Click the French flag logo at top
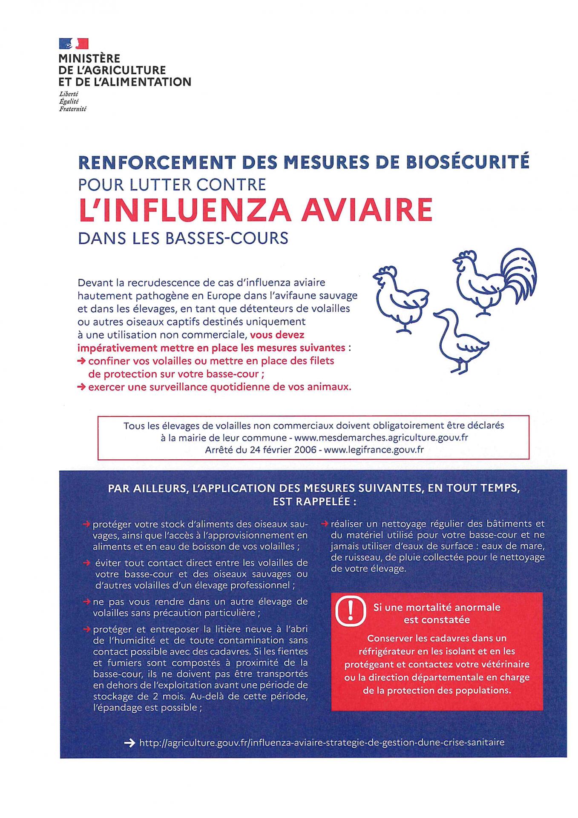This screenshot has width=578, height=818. pos(73,43)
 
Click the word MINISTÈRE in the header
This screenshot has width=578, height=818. pos(89,58)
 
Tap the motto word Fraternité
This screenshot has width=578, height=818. pos(72,109)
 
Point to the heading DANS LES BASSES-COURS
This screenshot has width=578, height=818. pos(183,238)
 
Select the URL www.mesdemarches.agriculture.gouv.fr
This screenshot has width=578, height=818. pos(381,438)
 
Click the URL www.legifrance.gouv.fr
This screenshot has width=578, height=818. pos(374,449)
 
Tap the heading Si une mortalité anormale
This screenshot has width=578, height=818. pos(437,607)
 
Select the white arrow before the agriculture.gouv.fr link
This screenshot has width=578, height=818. pos(129,743)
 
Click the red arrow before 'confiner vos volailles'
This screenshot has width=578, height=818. pos(81,361)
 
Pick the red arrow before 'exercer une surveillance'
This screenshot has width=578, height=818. pos(81,387)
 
